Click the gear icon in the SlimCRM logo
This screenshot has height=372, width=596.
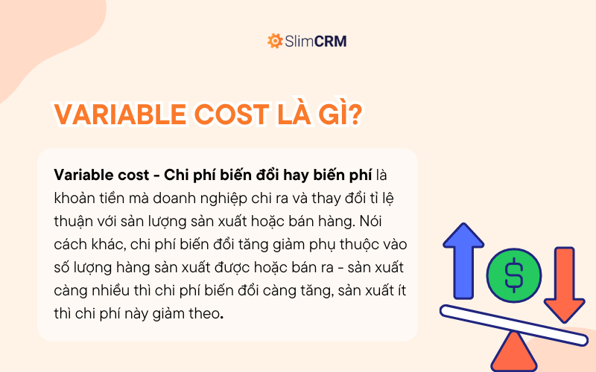point(275,41)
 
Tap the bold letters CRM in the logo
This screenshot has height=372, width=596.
point(331,41)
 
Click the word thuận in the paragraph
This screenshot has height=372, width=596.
point(73,221)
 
